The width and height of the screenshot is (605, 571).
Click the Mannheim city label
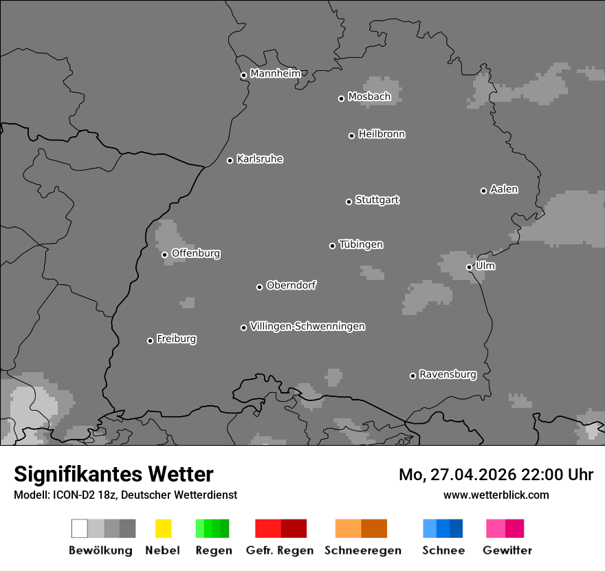(x=275, y=74)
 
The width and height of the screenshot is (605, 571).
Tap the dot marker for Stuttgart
(x=349, y=202)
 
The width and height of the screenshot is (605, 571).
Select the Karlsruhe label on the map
(x=259, y=159)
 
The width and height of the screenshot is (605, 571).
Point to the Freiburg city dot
(x=150, y=341)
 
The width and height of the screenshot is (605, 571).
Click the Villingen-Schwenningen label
(x=307, y=326)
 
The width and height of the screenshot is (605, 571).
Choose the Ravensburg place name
(x=448, y=374)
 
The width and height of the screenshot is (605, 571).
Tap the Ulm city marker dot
(x=469, y=267)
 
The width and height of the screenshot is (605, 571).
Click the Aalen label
(x=504, y=189)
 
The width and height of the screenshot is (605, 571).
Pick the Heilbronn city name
(x=382, y=134)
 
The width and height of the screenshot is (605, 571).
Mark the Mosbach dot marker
(x=341, y=98)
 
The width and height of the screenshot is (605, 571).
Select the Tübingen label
(x=361, y=244)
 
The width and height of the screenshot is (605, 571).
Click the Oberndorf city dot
(x=259, y=287)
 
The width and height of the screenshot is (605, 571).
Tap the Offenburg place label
(x=196, y=253)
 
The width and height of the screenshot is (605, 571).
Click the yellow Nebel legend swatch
(x=163, y=528)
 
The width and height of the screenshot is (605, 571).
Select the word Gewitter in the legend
(x=507, y=550)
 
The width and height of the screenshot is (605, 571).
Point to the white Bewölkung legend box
(x=80, y=528)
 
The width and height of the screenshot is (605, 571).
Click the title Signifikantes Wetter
(x=113, y=474)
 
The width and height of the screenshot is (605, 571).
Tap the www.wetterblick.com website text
(x=496, y=495)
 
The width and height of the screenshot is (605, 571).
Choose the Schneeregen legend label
(x=363, y=550)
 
